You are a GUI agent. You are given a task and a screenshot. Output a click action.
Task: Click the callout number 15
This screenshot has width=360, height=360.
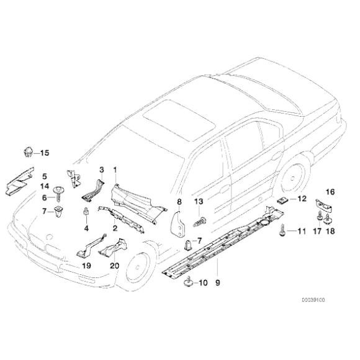point(45,153)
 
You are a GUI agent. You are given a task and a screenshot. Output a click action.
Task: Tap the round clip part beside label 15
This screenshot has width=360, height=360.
point(28,152)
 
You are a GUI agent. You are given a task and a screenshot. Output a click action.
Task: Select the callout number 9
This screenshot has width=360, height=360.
point(218,282)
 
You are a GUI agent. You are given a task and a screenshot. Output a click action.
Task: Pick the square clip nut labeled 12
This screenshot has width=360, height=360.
point(282,200)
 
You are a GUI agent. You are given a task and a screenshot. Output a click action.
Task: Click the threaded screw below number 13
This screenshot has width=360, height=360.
point(199,222)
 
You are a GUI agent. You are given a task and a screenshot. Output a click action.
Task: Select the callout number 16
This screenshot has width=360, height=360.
point(330,192)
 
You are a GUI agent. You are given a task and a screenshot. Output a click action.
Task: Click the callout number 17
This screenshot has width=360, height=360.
point(317,231)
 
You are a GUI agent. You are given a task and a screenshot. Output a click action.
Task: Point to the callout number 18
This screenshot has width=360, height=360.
point(330,231)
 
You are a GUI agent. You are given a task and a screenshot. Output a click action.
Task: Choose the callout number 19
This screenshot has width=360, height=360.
point(86,266)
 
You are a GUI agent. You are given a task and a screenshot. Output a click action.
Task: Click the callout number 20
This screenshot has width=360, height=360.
point(115,266)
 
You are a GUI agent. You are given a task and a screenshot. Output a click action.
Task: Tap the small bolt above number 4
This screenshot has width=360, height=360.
point(86,212)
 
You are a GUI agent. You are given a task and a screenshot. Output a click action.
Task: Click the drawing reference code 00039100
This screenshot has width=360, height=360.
point(313,300)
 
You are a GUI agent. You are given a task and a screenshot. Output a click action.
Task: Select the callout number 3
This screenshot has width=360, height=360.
point(101,170)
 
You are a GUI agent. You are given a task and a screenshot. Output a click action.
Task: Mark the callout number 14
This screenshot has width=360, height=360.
point(45,186)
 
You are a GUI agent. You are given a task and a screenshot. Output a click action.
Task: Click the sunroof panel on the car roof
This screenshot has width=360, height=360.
point(179,120)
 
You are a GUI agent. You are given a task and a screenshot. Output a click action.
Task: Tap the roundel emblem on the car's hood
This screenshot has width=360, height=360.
point(49,237)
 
